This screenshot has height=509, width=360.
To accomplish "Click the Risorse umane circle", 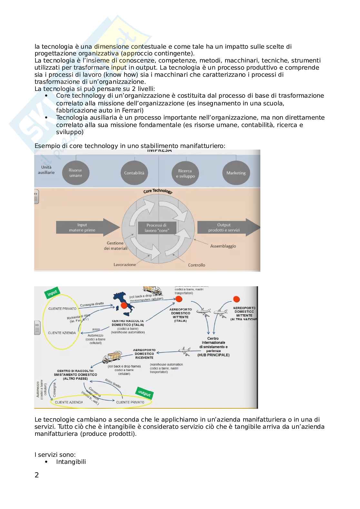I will [x=75, y=173].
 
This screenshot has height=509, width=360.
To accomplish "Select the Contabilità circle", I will [x=134, y=173].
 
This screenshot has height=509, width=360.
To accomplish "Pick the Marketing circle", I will [x=236, y=173].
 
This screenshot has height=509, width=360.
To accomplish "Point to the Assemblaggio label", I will [x=223, y=246].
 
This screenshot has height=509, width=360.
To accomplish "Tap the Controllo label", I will [x=196, y=265].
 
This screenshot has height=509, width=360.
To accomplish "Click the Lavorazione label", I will [x=125, y=265].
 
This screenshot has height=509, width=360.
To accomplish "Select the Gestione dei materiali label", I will [x=115, y=246].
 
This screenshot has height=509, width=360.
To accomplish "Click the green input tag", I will [x=52, y=293].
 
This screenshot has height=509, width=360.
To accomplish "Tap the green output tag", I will [x=144, y=393].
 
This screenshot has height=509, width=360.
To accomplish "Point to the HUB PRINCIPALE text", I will [x=214, y=355].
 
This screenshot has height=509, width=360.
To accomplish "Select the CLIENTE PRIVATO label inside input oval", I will [x=62, y=308].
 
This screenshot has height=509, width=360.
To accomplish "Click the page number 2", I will [x=37, y=475].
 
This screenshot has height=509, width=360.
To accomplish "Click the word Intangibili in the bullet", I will [x=71, y=462].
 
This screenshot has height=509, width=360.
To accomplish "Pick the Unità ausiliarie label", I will [x=46, y=170].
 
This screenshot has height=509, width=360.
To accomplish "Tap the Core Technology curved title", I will [x=158, y=191].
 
